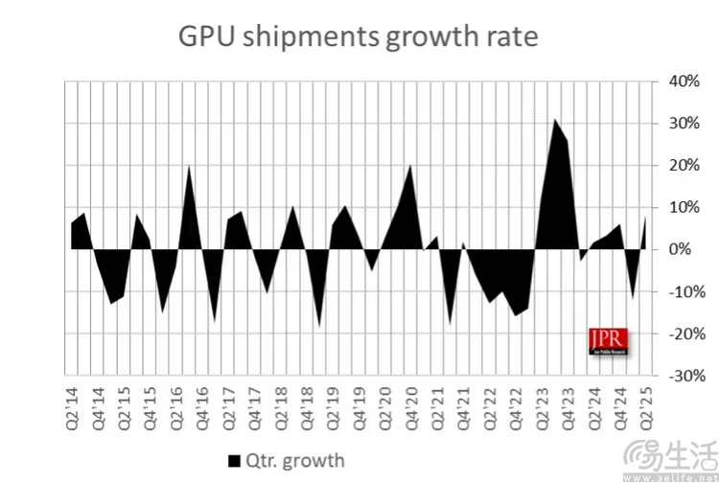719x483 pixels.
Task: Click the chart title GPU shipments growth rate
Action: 359,37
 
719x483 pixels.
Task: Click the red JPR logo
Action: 606,341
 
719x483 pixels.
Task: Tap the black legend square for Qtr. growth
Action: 233,461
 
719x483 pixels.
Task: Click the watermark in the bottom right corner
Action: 667,461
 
